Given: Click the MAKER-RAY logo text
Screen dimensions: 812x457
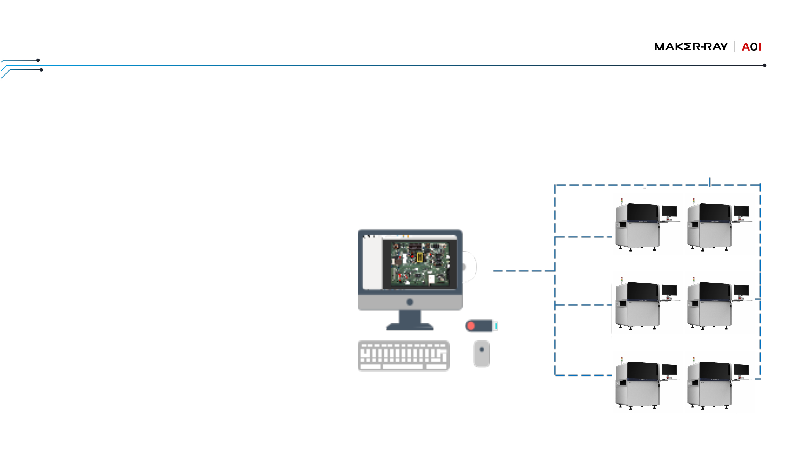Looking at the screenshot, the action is coord(690,47).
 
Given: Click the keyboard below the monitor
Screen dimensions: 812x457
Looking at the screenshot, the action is coord(403,355).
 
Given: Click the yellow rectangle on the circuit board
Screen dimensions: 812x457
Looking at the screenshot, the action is coord(420,257).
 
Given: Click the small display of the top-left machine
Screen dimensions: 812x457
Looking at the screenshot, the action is coord(669,211).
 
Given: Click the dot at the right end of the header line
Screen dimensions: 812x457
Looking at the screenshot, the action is coord(764,65).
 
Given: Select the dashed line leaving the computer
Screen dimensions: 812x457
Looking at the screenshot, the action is coord(523,271).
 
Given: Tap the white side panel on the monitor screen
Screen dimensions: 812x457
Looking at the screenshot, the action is coord(372,263).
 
